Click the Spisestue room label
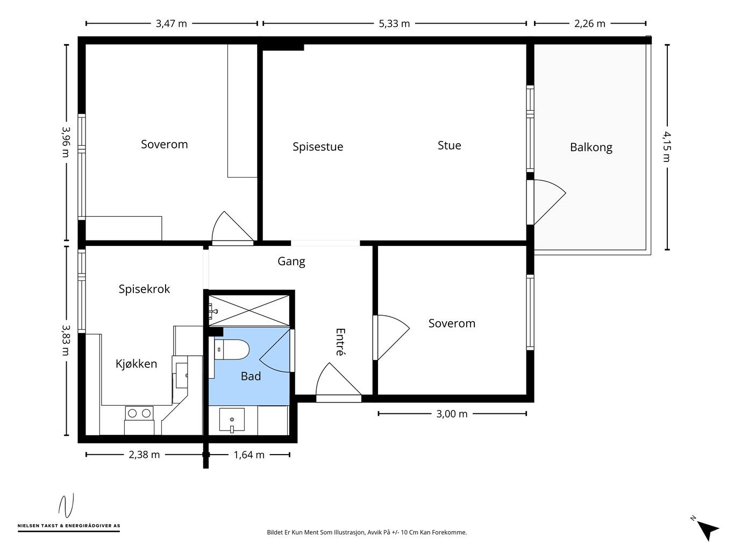(318, 147)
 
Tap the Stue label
(449, 145)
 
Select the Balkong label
(591, 147)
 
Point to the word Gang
(291, 262)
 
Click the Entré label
(340, 342)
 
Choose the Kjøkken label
(136, 364)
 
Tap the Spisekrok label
(144, 289)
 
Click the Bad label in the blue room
(251, 376)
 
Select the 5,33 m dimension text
(394, 24)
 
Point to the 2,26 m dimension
(589, 24)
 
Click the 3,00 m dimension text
(452, 414)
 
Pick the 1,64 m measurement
(249, 455)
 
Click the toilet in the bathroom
(232, 350)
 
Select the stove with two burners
(139, 413)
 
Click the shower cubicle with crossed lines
(249, 310)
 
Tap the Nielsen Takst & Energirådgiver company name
(69, 526)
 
